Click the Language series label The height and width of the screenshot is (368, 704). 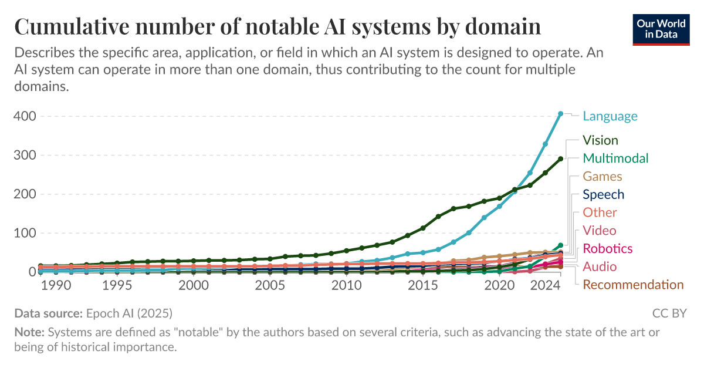[610, 116]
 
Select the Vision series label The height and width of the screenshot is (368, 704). [600, 140]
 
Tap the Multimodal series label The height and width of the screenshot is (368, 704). [615, 158]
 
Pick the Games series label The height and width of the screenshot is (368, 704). [602, 177]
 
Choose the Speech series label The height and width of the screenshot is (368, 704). [603, 195]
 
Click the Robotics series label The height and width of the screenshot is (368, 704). [607, 249]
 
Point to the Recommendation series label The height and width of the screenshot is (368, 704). [632, 285]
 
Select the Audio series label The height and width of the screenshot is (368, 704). [599, 267]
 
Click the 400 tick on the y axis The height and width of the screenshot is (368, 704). [25, 116]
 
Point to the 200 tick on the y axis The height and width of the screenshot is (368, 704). [25, 194]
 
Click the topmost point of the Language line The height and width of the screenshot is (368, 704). [560, 113]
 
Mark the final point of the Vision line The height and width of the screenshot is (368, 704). [560, 159]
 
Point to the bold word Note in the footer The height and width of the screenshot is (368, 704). [28, 332]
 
